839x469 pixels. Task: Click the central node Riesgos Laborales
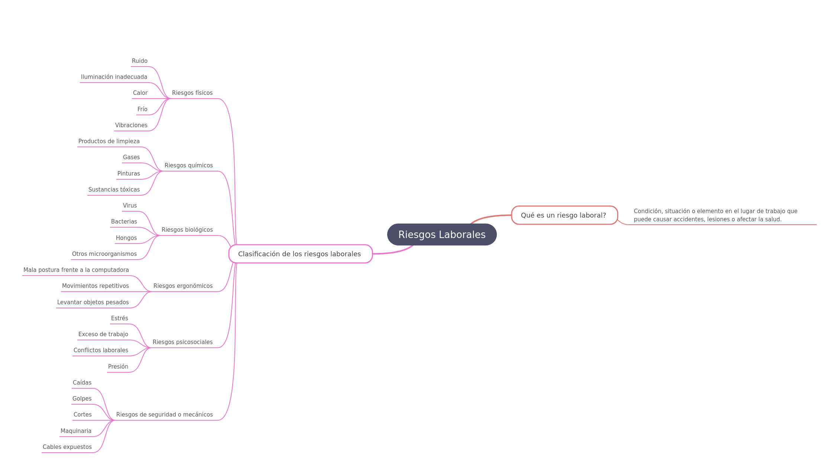[442, 235]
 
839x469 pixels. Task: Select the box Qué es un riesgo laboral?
[564, 215]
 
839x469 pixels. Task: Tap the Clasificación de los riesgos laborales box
[300, 254]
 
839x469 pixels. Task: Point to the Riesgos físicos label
[192, 93]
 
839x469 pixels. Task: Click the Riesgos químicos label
[188, 166]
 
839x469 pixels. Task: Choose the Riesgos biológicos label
[187, 230]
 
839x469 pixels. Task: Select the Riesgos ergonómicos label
[183, 286]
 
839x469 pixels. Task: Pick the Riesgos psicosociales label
[182, 342]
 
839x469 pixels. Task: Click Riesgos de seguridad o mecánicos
[164, 415]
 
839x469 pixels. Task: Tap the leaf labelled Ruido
[140, 61]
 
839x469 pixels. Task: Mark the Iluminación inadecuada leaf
[114, 77]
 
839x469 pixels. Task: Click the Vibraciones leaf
[131, 125]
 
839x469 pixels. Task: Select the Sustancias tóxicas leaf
[114, 190]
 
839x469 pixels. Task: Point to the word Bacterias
[124, 222]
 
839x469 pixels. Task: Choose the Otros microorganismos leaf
[104, 254]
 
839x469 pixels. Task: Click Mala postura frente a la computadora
[76, 270]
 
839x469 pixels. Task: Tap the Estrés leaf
[120, 318]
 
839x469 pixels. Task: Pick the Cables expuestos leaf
[67, 447]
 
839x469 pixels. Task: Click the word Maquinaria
[76, 431]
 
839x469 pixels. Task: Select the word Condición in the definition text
[648, 211]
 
